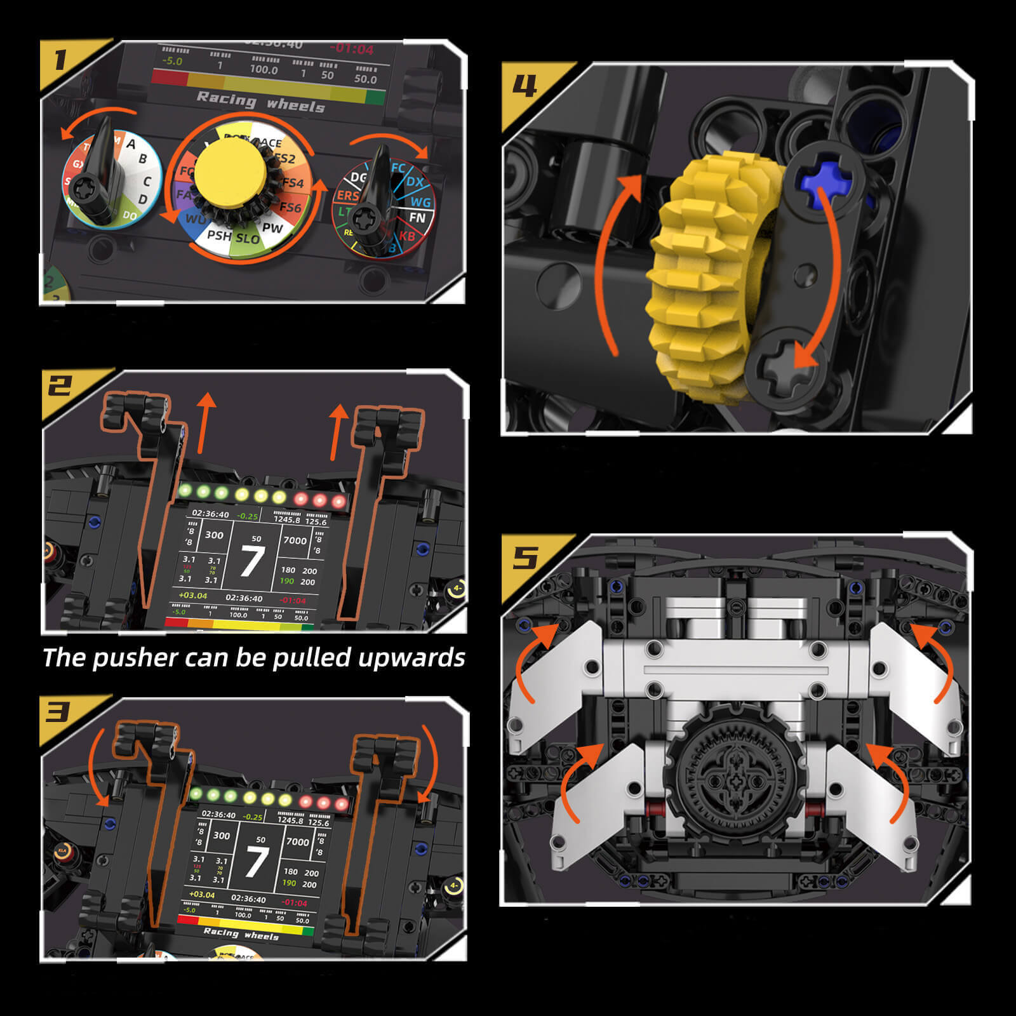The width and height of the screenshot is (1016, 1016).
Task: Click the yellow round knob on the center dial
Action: pyautogui.click(x=230, y=173)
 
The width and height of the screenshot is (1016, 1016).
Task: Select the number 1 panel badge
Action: pyautogui.click(x=60, y=60)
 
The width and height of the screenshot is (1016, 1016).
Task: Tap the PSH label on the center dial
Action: pyautogui.click(x=219, y=236)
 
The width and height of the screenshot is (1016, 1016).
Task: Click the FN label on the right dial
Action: pyautogui.click(x=417, y=218)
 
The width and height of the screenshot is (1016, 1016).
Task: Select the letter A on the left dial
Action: pyautogui.click(x=131, y=144)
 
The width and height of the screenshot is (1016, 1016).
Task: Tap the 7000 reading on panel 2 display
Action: pyautogui.click(x=295, y=540)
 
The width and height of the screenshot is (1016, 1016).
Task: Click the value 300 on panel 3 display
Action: pyautogui.click(x=221, y=836)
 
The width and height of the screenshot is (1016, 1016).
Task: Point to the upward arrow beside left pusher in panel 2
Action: pyautogui.click(x=204, y=422)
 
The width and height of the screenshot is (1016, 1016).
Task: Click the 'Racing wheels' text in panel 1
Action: pyautogui.click(x=260, y=102)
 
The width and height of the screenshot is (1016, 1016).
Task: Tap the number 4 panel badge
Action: pyautogui.click(x=525, y=86)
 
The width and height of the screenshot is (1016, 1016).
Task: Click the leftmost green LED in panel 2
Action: pyautogui.click(x=186, y=490)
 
